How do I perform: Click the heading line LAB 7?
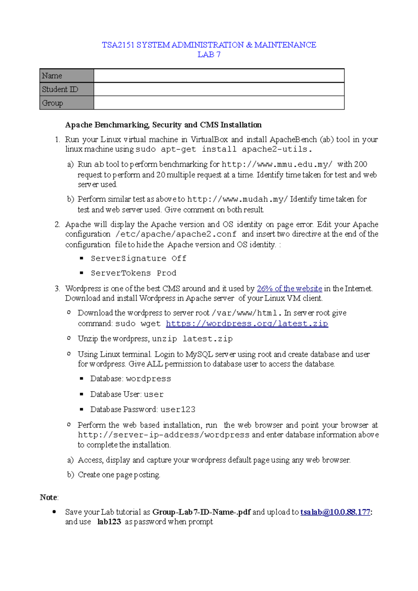pyautogui.click(x=209, y=55)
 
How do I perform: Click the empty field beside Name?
pyautogui.click(x=219, y=76)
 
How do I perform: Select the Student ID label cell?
pyautogui.click(x=67, y=89)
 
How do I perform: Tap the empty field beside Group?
pyautogui.click(x=219, y=103)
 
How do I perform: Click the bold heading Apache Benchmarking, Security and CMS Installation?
pyautogui.click(x=163, y=125)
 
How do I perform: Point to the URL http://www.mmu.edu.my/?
pyautogui.click(x=277, y=164)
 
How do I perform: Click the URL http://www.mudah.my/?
pyautogui.click(x=238, y=199)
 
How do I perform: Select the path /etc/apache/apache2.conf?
pyautogui.click(x=176, y=234)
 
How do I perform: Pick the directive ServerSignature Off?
pyautogui.click(x=138, y=258)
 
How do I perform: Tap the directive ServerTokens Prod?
pyautogui.click(x=133, y=273)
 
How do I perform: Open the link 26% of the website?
pyautogui.click(x=289, y=289)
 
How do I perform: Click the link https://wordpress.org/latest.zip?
pyautogui.click(x=247, y=324)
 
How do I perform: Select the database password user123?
pyautogui.click(x=178, y=410)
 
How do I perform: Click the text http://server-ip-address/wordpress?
pyautogui.click(x=163, y=435)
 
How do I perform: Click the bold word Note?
pyautogui.click(x=48, y=497)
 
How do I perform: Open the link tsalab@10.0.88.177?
pyautogui.click(x=335, y=512)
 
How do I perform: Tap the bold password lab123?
pyautogui.click(x=109, y=522)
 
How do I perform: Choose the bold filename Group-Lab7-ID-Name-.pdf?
pyautogui.click(x=201, y=512)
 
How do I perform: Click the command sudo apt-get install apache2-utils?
pyautogui.click(x=223, y=150)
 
